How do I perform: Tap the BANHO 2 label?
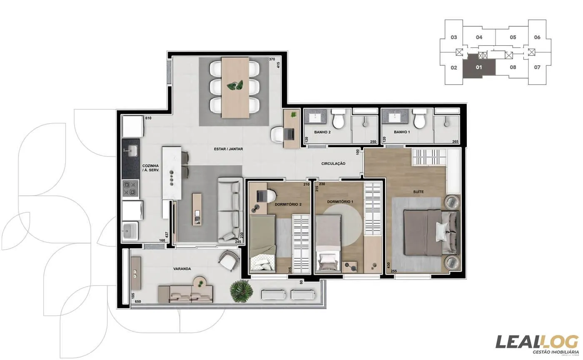click(322, 132)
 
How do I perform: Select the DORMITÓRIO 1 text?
click(340, 202)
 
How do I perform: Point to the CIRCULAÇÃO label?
click(333, 164)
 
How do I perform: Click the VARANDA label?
click(182, 269)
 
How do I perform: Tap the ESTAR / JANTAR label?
click(228, 149)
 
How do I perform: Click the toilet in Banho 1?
click(419, 119)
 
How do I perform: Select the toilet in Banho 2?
click(338, 119)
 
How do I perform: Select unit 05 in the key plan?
click(513, 37)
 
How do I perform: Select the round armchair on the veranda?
click(229, 261)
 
